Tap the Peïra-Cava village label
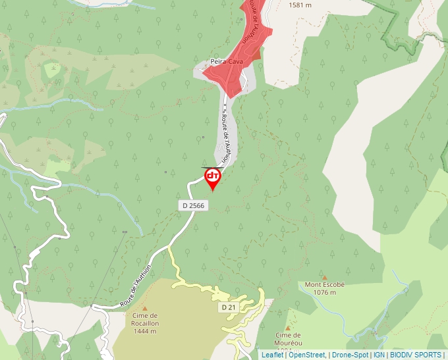[227, 62]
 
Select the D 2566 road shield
[193, 205]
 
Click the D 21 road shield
[228, 307]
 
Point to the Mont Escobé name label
[325, 285]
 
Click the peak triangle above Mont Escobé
[324, 278]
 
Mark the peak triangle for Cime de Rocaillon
[145, 308]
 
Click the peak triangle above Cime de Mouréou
[288, 328]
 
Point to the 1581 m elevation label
[300, 5]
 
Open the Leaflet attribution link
[272, 355]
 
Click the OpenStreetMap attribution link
[306, 355]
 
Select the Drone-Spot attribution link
[350, 355]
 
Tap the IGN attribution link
[379, 355]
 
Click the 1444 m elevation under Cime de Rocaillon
[144, 331]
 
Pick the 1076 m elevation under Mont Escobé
[325, 292]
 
